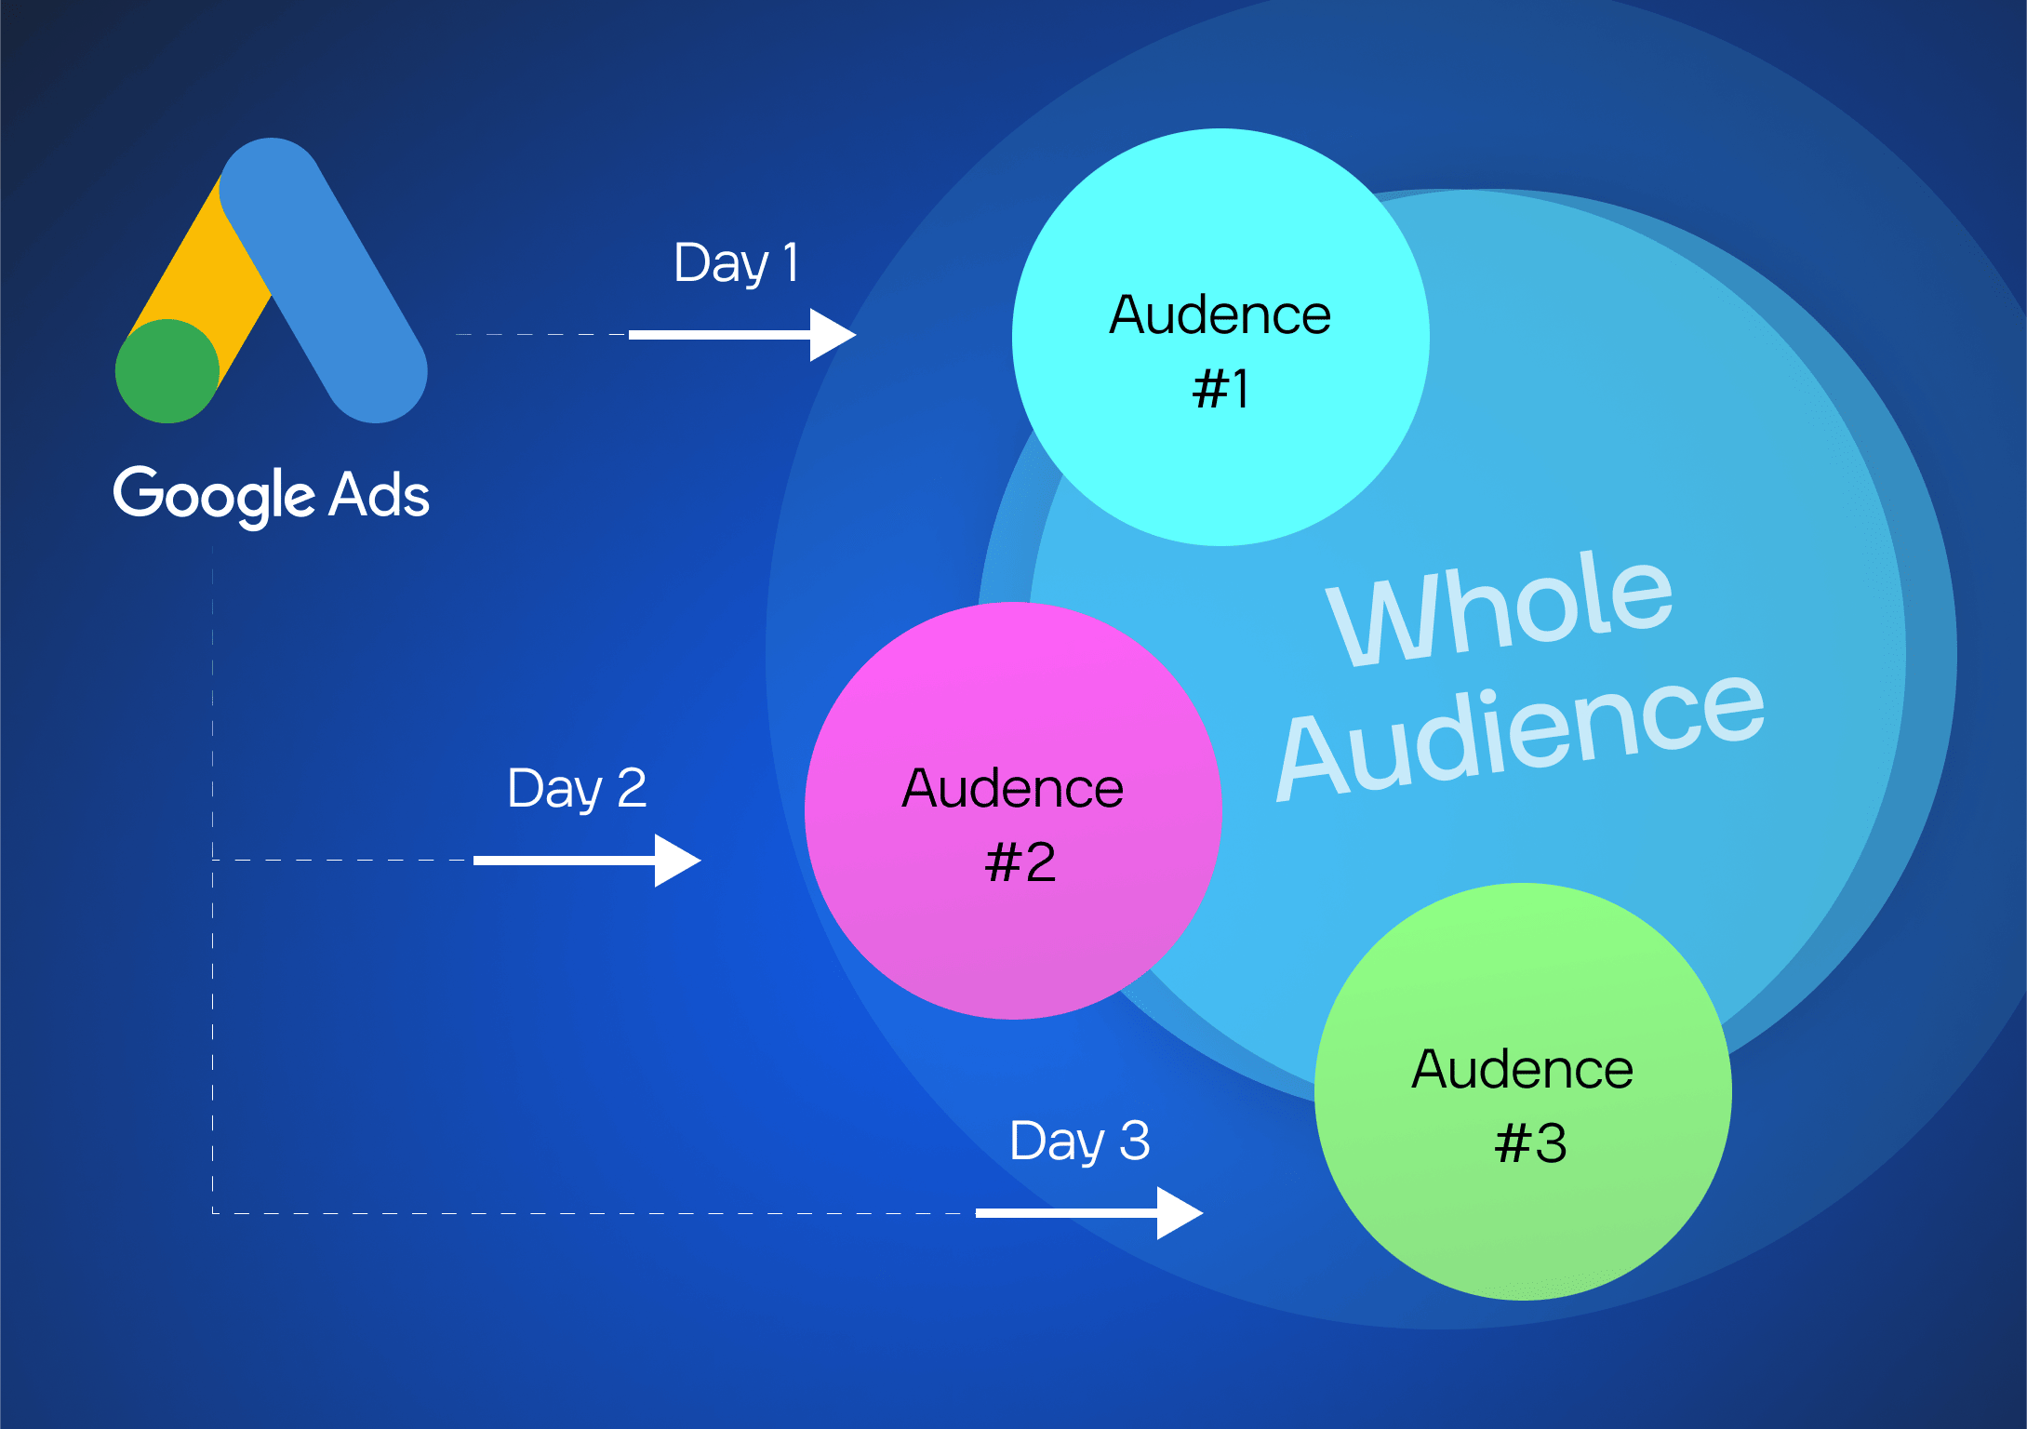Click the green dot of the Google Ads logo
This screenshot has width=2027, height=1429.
(167, 370)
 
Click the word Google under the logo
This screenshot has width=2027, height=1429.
(214, 495)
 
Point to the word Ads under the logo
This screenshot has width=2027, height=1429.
(380, 495)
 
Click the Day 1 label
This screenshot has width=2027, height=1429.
(736, 263)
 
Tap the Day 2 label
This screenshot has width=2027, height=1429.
(577, 789)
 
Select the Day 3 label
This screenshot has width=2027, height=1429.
(1079, 1142)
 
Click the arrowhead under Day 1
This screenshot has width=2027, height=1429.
(832, 335)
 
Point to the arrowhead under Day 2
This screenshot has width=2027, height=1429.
(676, 861)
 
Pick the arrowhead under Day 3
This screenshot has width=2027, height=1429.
(1179, 1213)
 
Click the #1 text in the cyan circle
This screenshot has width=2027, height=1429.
(1220, 389)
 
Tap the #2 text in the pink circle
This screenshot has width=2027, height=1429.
(1020, 862)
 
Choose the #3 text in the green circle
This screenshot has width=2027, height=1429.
(1530, 1143)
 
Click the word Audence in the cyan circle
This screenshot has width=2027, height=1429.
(1220, 315)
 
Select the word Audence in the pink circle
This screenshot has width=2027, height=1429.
(1013, 789)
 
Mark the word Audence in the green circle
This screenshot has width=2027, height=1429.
(1523, 1070)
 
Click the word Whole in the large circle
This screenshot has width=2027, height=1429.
(1500, 609)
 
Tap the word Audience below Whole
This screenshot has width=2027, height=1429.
(1521, 735)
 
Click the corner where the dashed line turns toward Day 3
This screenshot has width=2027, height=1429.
(213, 1213)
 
